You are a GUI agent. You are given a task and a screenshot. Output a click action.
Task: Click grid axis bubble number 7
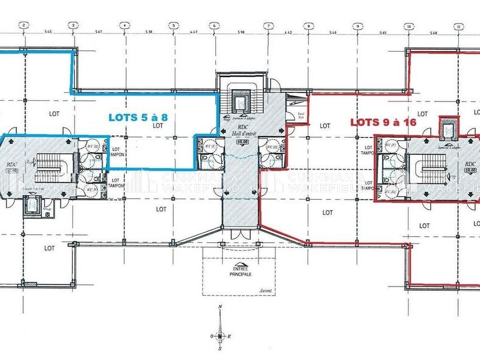click(266, 25)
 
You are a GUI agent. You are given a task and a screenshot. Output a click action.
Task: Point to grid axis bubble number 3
click(73, 25)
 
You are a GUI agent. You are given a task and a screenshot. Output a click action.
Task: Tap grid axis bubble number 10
click(409, 26)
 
